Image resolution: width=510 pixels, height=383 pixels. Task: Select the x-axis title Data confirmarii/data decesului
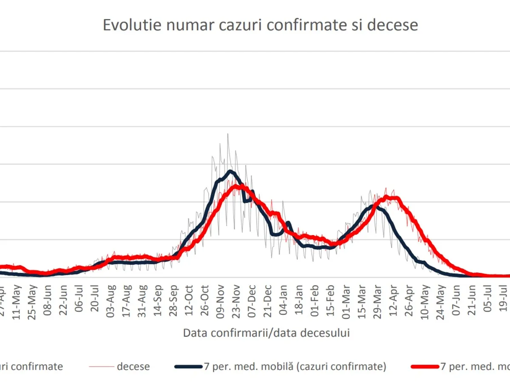[x=266, y=333]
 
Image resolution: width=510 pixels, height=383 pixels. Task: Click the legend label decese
[x=133, y=366]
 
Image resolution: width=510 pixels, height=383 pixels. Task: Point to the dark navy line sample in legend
[x=187, y=366]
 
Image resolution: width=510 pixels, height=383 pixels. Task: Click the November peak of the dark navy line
[x=230, y=171]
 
